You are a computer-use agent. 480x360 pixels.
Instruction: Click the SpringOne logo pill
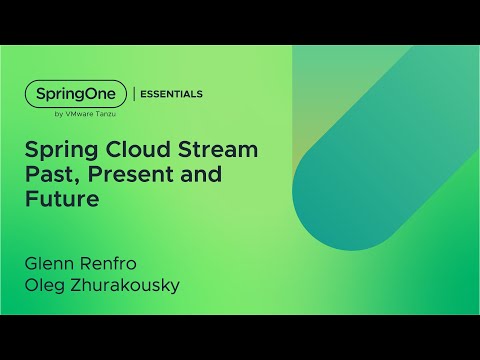tap(76, 94)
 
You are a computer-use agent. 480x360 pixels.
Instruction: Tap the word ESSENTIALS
tap(171, 94)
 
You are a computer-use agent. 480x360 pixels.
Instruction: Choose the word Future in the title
tap(63, 199)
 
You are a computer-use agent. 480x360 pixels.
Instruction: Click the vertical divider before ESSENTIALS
tap(134, 94)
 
